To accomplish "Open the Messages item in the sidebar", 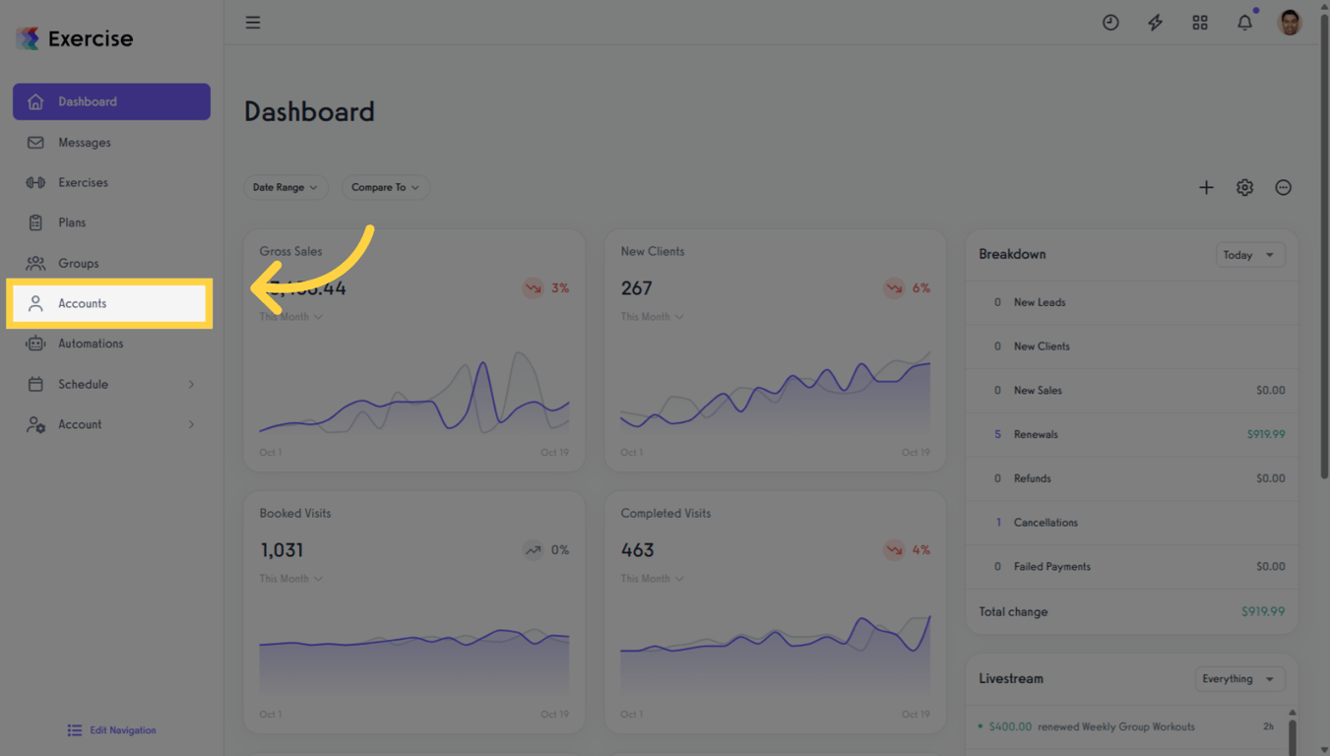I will [x=84, y=143].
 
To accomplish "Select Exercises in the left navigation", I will [x=83, y=183].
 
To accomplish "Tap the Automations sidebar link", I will [x=90, y=344].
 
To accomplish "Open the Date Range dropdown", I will [x=285, y=187].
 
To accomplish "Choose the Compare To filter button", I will [x=385, y=187].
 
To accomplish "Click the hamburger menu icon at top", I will [x=253, y=23].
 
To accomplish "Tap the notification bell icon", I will [x=1244, y=23].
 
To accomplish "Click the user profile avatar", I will [x=1289, y=22].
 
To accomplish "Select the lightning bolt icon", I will [x=1155, y=23].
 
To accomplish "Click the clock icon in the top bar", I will [x=1110, y=23].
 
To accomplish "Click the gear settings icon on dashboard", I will [x=1244, y=187].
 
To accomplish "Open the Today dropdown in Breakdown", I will [x=1249, y=255].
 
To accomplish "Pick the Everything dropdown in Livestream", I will [x=1238, y=679].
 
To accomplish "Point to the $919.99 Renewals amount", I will [x=1265, y=434].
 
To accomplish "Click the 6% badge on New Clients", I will [x=907, y=288].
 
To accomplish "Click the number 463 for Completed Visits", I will [x=637, y=550].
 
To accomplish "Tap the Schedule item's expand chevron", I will [x=191, y=385].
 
